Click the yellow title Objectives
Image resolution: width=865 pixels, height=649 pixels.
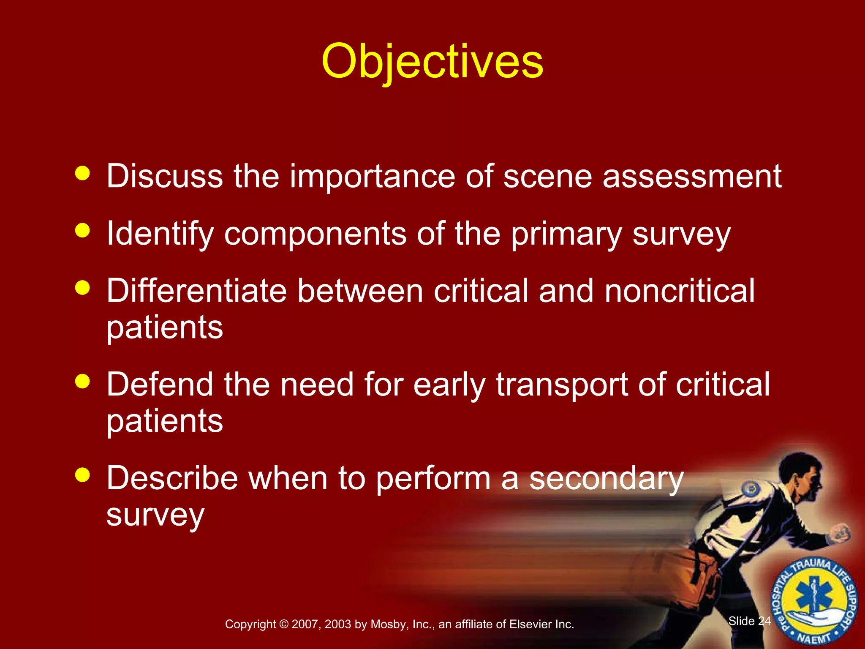[432, 62]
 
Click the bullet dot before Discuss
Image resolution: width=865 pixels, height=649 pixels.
[83, 173]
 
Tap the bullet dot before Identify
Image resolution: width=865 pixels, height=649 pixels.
[83, 230]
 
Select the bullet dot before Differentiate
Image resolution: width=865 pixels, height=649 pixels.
[83, 288]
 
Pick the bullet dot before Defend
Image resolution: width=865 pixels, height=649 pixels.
[83, 381]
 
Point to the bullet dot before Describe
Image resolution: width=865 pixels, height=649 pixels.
[83, 474]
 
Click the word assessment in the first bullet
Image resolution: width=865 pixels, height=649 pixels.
[692, 176]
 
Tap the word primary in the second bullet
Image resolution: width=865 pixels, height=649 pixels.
[566, 235]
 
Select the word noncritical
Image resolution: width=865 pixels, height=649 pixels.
[680, 291]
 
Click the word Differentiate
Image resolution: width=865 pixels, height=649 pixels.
[196, 291]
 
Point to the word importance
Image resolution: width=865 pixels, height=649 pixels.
[372, 176]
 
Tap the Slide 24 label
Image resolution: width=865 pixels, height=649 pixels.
[749, 621]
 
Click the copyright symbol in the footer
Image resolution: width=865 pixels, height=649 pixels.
[283, 624]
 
